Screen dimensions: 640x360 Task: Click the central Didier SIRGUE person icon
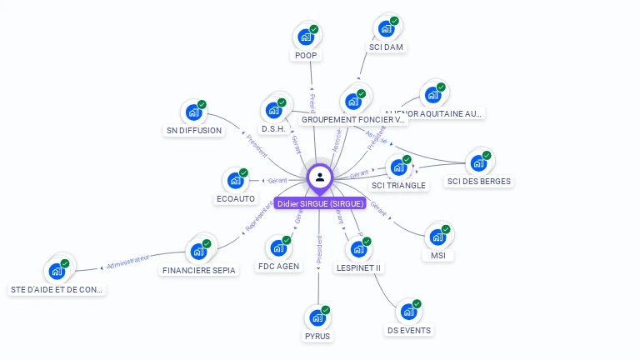click(x=320, y=177)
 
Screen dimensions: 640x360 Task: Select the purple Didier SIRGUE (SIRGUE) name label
click(x=320, y=203)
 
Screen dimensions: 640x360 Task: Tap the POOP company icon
click(x=306, y=37)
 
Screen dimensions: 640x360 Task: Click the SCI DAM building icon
click(x=386, y=28)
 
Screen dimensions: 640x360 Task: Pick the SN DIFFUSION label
click(x=194, y=131)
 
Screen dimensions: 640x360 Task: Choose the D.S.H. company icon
click(x=274, y=110)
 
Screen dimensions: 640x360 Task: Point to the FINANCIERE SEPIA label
click(x=199, y=270)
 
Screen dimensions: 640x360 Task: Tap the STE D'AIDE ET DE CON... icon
click(x=57, y=271)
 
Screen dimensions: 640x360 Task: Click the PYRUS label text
click(x=317, y=336)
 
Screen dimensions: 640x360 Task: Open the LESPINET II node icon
click(x=358, y=249)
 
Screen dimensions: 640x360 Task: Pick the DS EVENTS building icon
click(x=408, y=312)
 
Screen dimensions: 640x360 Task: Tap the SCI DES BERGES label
click(x=479, y=182)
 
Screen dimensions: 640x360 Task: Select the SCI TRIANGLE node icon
click(x=398, y=167)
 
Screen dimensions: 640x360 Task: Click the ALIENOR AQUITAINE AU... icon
click(x=432, y=95)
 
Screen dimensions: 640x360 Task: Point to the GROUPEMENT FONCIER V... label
click(x=353, y=120)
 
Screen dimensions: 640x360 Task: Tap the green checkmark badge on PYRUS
click(x=326, y=310)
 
